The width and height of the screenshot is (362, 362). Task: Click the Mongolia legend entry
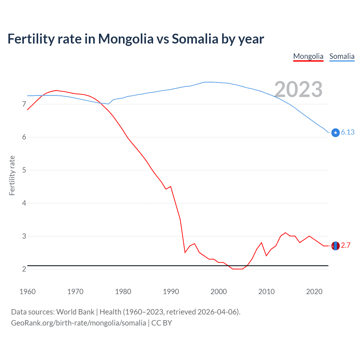point(308,56)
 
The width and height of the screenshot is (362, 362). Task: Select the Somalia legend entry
point(342,56)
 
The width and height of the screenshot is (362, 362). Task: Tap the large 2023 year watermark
point(298,89)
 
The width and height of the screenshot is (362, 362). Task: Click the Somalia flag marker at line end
point(335,132)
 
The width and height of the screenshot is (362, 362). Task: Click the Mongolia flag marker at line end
point(335,246)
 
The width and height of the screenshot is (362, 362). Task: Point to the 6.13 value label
point(348,132)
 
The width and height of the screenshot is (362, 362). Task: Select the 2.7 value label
point(346,245)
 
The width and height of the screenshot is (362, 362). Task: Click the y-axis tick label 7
point(24,104)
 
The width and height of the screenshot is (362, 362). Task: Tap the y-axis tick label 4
point(24,203)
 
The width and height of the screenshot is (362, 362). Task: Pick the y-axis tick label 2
point(24,269)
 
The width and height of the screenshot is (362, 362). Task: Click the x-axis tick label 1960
point(27,292)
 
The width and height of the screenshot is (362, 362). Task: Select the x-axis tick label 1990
point(171,292)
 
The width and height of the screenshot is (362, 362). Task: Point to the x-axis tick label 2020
point(314,292)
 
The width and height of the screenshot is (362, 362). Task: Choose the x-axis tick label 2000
point(219,292)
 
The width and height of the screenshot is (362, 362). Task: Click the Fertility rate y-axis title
point(12,175)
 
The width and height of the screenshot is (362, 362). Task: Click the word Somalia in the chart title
point(195,39)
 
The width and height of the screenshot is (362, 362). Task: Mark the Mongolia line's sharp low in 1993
point(185,252)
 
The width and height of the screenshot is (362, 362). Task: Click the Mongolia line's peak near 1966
point(56,90)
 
